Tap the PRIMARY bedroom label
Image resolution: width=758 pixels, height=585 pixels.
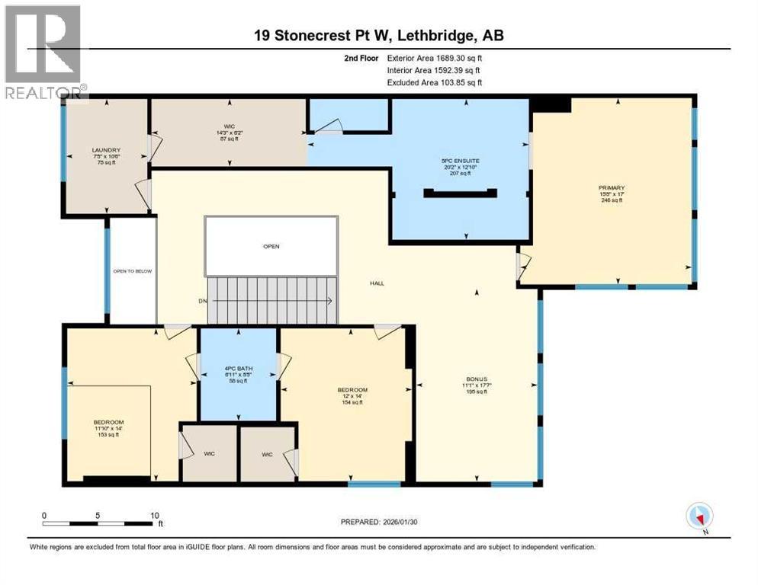coord(612,187)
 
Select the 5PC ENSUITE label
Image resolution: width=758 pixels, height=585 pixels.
coord(458,161)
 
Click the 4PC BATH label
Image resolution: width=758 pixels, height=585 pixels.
coord(239,369)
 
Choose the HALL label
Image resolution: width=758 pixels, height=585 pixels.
coord(377,283)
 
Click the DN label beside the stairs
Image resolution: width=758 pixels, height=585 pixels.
coord(203,301)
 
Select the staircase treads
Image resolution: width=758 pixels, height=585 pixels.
coord(273,300)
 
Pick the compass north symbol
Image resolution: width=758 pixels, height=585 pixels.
coord(699,516)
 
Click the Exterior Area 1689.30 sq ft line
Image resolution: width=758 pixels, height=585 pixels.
coord(435,57)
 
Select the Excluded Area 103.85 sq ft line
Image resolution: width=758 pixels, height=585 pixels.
coord(435,82)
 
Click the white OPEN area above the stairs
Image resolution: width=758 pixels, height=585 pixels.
coord(271,246)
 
